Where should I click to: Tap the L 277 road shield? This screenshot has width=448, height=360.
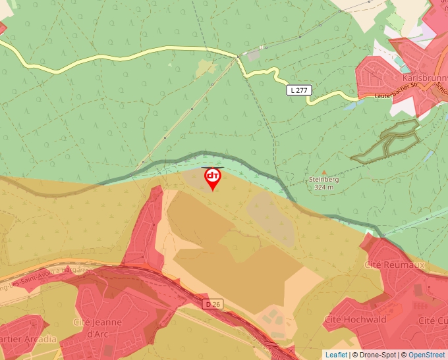pos(299,90)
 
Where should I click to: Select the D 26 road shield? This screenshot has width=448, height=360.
pos(212,304)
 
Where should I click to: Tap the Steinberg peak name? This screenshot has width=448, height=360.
pos(323,179)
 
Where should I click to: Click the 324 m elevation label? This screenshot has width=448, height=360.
pos(323,187)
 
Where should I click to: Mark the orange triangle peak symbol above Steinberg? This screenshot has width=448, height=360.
pos(323,172)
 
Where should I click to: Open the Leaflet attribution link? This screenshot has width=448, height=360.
pos(336,355)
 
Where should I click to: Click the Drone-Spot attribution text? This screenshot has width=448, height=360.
pos(375,355)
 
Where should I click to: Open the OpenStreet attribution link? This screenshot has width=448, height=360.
pos(428,355)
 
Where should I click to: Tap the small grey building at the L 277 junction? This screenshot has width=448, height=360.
pos(254,56)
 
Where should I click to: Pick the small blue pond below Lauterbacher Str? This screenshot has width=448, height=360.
pos(350,105)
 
